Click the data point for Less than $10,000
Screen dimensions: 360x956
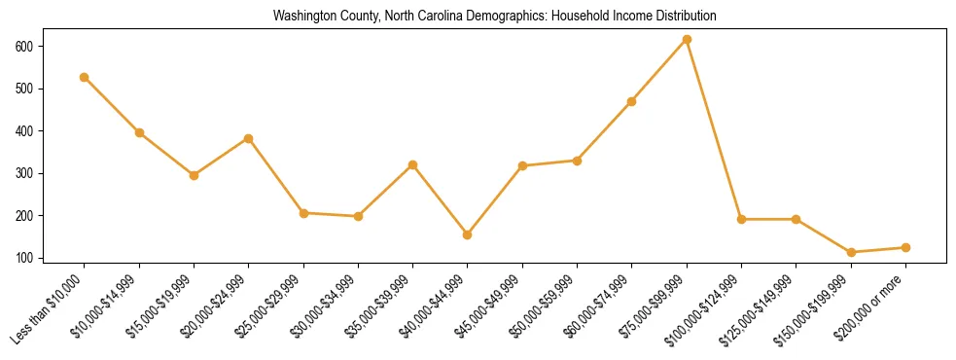pos(85,77)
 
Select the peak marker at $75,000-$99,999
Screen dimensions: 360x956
pos(688,39)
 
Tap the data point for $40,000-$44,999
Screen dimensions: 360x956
pos(468,234)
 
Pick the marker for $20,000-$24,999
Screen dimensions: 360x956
pos(249,138)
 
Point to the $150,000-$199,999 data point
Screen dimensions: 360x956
pos(851,252)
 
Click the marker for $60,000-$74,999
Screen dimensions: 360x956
pos(632,101)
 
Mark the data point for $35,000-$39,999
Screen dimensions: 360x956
pos(413,164)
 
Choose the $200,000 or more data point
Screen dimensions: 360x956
pos(905,247)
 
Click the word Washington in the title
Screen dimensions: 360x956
pos(303,16)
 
